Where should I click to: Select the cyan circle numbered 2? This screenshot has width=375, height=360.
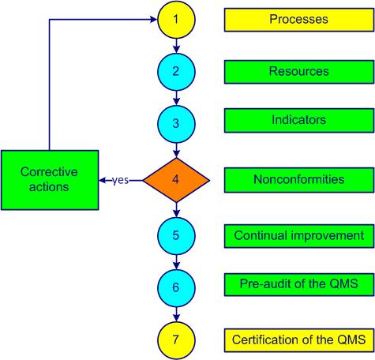click(176, 72)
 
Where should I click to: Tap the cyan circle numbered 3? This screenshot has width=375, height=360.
click(176, 124)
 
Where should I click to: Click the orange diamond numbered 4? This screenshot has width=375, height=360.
click(176, 179)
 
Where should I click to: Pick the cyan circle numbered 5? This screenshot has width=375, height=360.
click(176, 234)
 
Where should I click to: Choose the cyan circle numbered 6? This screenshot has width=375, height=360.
click(176, 287)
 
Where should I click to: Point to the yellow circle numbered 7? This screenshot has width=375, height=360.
click(176, 339)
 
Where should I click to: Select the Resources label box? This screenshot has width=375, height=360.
click(298, 72)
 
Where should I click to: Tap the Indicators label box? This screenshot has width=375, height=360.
click(298, 121)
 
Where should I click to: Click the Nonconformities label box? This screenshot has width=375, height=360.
click(298, 179)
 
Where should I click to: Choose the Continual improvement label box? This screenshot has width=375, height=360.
click(298, 235)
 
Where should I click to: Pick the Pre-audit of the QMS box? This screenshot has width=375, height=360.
click(298, 283)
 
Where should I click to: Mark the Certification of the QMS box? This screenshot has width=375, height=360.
click(298, 340)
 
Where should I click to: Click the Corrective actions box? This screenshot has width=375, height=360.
click(49, 179)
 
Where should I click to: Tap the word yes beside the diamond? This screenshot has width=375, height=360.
click(120, 180)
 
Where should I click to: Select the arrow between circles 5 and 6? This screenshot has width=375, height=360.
click(176, 261)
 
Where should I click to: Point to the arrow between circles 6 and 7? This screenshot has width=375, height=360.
click(176, 313)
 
